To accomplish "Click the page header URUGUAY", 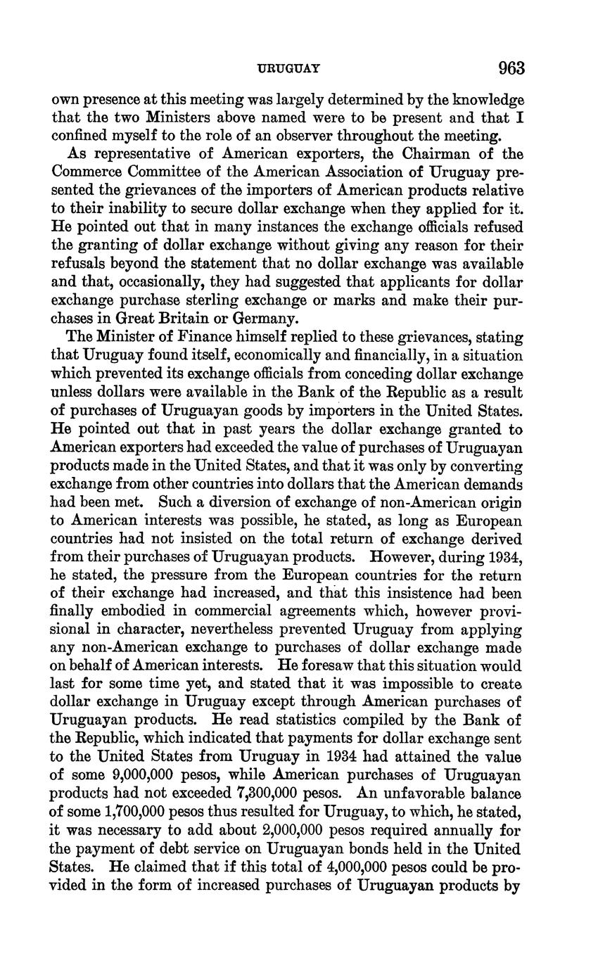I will click(290, 69).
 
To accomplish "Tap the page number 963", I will click(511, 68).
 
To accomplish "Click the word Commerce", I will click(84, 172).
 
